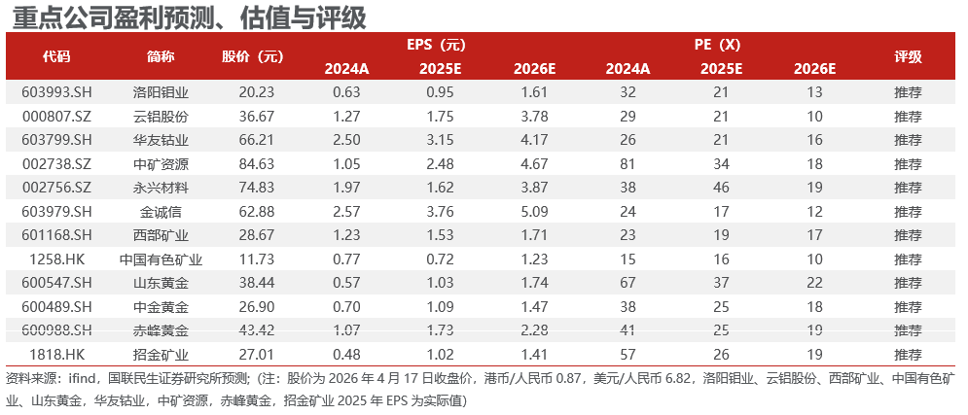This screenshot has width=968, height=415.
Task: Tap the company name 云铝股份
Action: pyautogui.click(x=161, y=116)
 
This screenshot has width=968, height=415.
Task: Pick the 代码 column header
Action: pyautogui.click(x=56, y=56)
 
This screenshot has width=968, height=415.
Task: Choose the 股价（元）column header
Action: pyautogui.click(x=253, y=56)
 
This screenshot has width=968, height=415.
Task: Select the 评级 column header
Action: pyautogui.click(x=908, y=56)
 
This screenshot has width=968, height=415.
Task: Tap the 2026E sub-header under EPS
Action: pyautogui.click(x=534, y=69)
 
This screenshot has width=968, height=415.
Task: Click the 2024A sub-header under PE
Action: pyautogui.click(x=627, y=69)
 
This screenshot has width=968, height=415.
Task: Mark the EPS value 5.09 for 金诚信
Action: pyautogui.click(x=534, y=211)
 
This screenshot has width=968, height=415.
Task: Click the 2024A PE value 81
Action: pyautogui.click(x=627, y=163)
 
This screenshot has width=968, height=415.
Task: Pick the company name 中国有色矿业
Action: pyautogui.click(x=161, y=259)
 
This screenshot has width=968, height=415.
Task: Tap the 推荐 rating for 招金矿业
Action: pyautogui.click(x=908, y=354)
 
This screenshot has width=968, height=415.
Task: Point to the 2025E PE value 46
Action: pyautogui.click(x=721, y=187)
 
